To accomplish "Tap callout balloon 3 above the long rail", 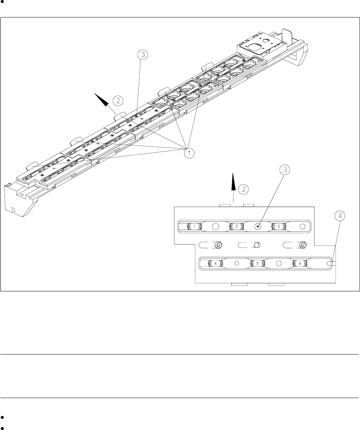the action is coord(143,55).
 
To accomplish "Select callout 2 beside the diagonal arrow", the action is coord(118,100).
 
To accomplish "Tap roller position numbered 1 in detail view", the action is coord(195,226).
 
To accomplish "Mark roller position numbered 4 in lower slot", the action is coord(215,263).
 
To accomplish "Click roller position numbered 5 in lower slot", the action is coord(257,263).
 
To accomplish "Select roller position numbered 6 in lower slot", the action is coord(300,263).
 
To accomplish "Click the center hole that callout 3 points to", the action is coord(257,226).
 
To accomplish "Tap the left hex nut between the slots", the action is coord(219,245).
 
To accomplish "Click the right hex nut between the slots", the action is coord(303,245).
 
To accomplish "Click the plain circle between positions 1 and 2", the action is coord(215,226).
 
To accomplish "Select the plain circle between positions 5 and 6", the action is coord(279,263).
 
